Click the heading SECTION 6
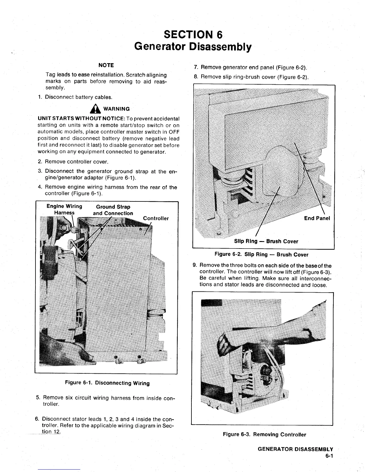(193, 35)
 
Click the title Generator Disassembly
(193, 47)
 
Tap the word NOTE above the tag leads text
(106, 65)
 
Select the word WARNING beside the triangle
(117, 109)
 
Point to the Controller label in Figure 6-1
(156, 218)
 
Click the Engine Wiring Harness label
(64, 209)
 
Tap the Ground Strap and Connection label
(113, 210)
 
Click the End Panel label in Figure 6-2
(317, 218)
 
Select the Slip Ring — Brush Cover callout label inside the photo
(266, 241)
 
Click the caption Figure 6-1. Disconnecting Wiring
(107, 383)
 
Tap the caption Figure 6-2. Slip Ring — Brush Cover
(261, 254)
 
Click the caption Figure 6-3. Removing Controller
(264, 434)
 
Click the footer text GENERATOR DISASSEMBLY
(295, 449)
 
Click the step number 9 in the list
(195, 265)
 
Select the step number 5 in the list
(38, 398)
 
